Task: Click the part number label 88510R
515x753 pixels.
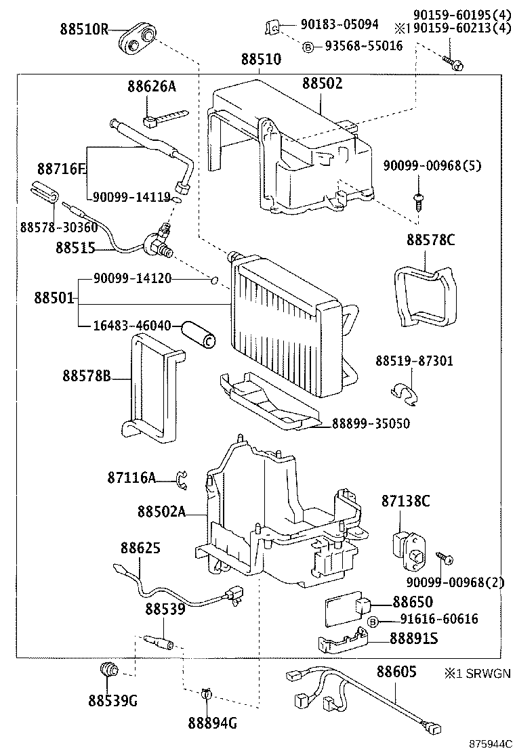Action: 83,30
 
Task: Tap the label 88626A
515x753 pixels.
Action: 150,86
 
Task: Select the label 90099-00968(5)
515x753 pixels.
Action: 432,165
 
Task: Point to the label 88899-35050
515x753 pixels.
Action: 371,424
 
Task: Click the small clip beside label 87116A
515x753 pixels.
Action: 181,479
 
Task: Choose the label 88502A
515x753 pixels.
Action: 161,512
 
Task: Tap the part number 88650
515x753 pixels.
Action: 413,602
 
